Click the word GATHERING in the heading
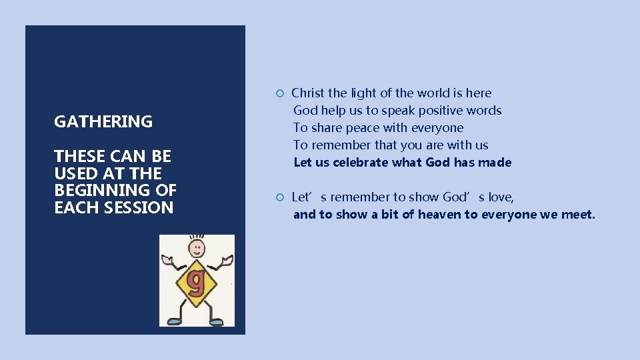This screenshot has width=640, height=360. tap(103, 121)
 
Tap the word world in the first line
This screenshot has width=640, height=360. tap(434, 93)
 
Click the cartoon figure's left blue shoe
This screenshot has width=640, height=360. tap(175, 321)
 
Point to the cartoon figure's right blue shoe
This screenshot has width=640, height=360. tap(215, 322)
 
